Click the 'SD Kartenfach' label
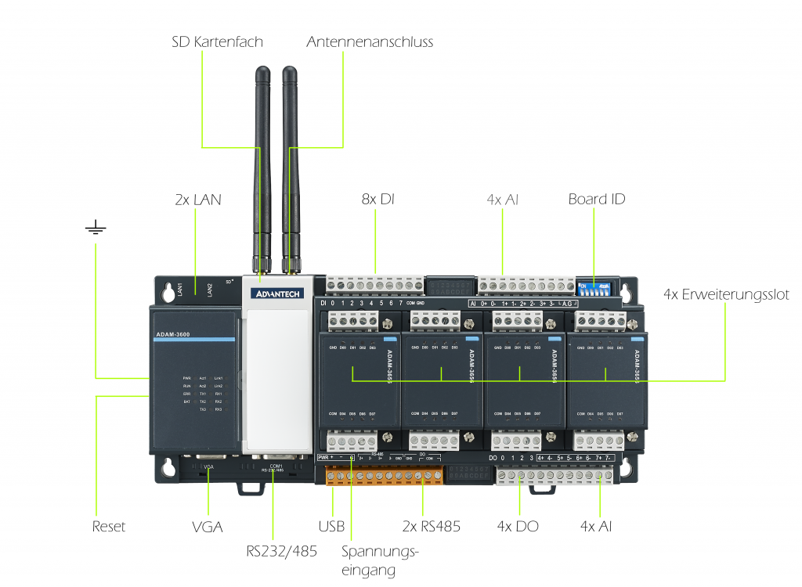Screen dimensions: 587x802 pos(217,41)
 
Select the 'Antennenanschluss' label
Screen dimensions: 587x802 pos(370,41)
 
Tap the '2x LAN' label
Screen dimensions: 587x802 pos(197,200)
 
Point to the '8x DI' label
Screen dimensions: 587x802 pos(376,200)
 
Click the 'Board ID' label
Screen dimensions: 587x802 pos(597,200)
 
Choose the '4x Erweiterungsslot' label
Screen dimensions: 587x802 pos(725,294)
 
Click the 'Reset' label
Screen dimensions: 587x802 pos(108,527)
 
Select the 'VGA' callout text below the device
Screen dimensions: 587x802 pos(207,527)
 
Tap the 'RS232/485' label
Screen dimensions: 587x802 pos(281,551)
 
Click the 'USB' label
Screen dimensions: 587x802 pos(331,527)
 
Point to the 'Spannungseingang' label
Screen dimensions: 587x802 pos(380,560)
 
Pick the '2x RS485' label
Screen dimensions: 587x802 pos(430,527)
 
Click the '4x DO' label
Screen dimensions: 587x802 pos(518,527)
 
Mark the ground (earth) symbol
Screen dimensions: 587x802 pos(96,229)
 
